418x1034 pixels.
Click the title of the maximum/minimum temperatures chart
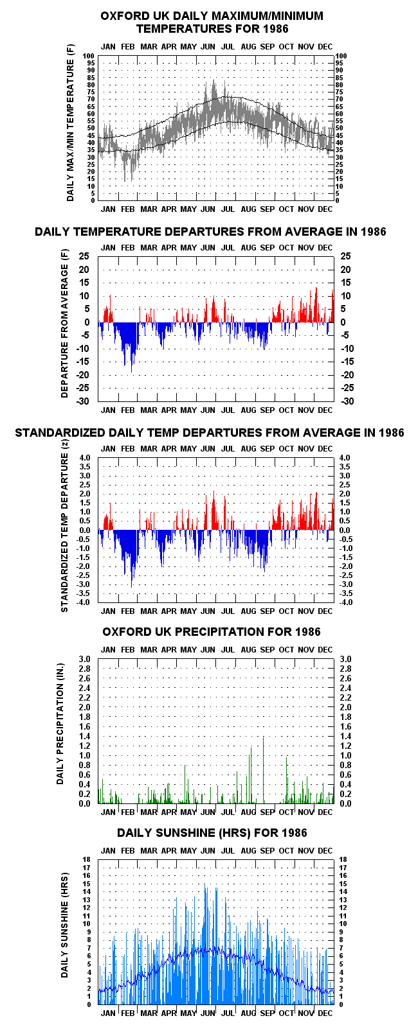212,22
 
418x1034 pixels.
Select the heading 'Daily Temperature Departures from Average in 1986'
210,232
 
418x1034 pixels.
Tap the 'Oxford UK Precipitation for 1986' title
212,631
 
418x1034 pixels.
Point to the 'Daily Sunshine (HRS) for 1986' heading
212,833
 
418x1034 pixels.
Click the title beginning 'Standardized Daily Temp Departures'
210,432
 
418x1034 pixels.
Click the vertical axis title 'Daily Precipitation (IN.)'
60,724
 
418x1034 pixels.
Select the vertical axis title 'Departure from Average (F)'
64,324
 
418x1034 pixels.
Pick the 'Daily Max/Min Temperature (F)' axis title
70,124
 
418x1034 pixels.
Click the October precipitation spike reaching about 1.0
287,780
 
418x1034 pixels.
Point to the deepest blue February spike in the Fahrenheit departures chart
131,347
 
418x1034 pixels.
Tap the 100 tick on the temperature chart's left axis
89,56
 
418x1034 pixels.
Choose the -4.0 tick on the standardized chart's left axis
84,602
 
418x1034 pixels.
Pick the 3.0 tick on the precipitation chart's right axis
345,659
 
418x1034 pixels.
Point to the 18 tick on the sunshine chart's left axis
86,859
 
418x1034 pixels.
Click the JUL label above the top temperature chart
228,47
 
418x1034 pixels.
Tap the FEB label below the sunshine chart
128,1013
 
